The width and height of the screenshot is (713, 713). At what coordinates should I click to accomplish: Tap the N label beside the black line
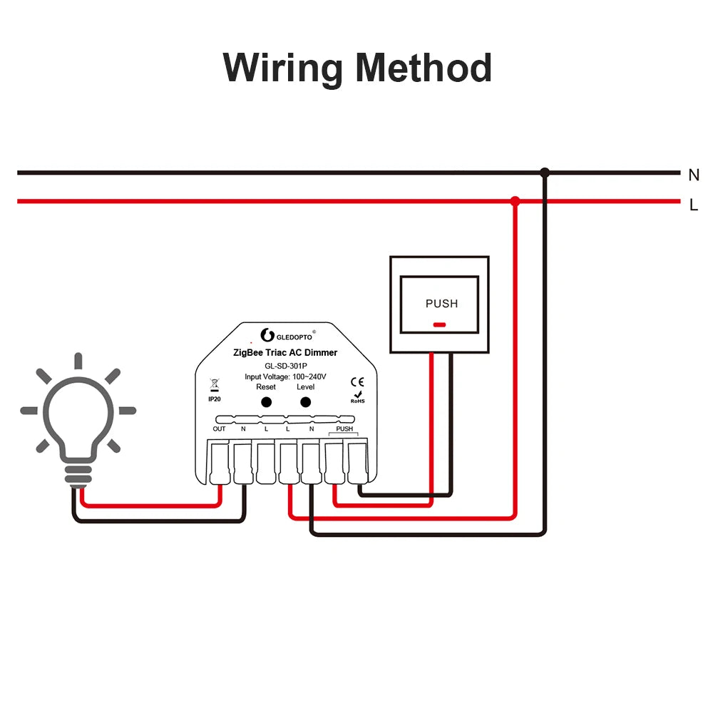pos(694,175)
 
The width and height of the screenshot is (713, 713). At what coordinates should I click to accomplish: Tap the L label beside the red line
pos(694,205)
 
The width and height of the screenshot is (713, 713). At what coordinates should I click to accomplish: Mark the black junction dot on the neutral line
pos(545,173)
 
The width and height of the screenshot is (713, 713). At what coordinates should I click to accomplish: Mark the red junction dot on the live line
pos(515,202)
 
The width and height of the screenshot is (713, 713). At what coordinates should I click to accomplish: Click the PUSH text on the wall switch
pos(441,303)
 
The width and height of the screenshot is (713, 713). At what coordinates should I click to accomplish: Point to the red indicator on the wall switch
pos(439,324)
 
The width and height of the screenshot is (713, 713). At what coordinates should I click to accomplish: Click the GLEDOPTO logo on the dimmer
pos(286,335)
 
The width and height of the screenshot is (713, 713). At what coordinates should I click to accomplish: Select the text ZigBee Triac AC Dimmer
pos(285,352)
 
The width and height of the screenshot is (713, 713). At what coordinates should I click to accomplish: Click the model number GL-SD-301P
pos(285,365)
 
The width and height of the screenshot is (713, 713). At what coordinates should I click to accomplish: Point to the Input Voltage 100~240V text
pos(285,376)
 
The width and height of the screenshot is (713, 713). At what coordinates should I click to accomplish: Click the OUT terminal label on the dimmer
pos(219,429)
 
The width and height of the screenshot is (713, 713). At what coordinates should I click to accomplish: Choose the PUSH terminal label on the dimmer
pos(344,429)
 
